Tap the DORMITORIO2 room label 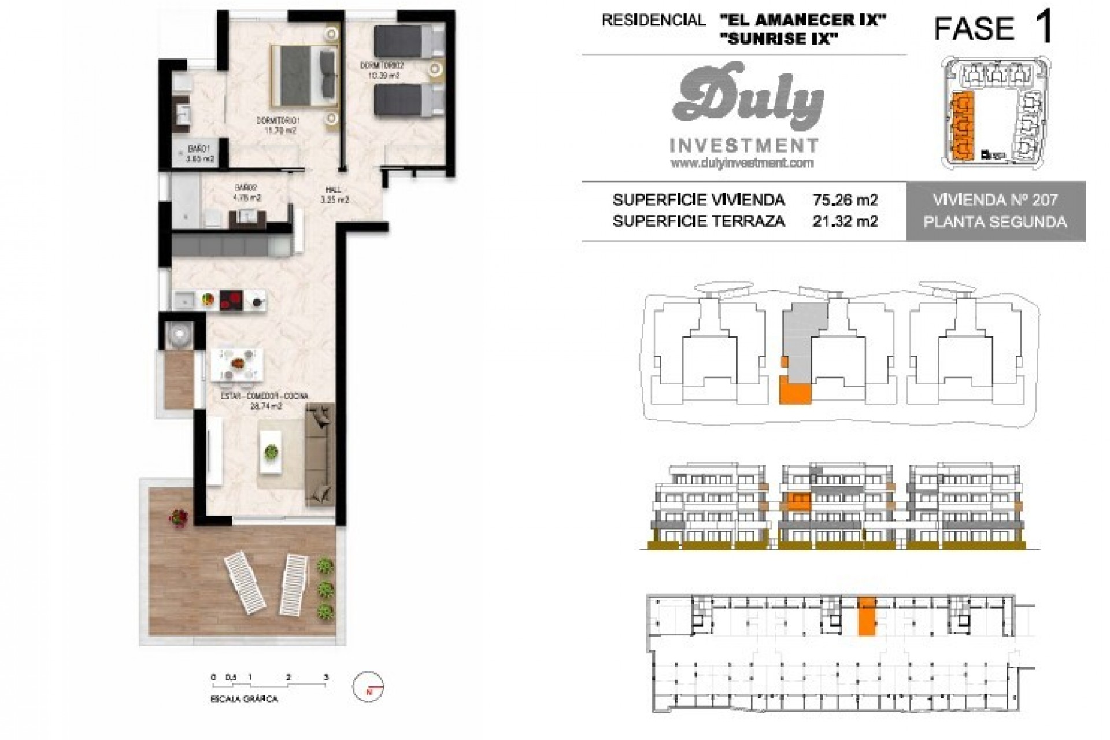[382, 65]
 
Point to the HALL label [333, 190]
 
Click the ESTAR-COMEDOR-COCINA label [265, 396]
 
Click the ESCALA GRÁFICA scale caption [245, 699]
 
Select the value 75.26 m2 [845, 200]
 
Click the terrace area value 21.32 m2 [845, 221]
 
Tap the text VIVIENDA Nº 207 [995, 200]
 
